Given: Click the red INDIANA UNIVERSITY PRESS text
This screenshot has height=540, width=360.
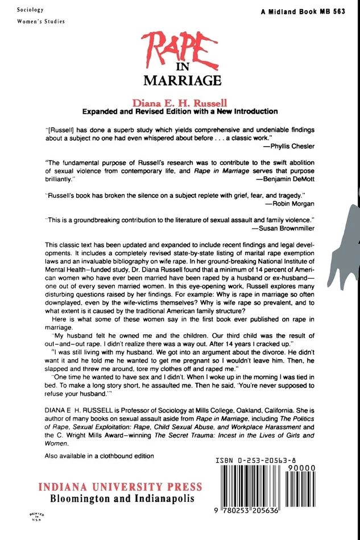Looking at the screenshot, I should click(120, 487).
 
